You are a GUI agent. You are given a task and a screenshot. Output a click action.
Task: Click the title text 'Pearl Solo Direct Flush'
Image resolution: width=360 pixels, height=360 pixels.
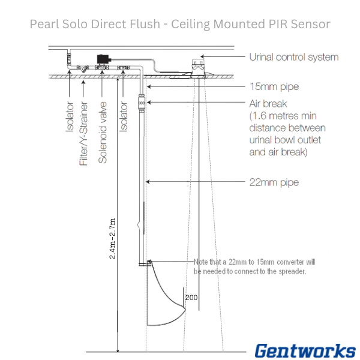(x=95, y=24)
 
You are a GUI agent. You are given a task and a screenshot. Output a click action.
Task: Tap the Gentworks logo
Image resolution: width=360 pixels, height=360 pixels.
(x=305, y=350)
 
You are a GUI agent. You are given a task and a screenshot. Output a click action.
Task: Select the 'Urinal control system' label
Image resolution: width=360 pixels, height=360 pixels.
(x=293, y=58)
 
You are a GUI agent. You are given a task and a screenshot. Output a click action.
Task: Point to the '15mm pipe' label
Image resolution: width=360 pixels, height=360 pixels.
(x=274, y=87)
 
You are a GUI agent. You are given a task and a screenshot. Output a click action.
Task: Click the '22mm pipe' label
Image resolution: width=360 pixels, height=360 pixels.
(x=274, y=182)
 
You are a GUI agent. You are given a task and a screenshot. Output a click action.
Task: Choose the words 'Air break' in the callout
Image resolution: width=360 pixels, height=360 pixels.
(x=268, y=104)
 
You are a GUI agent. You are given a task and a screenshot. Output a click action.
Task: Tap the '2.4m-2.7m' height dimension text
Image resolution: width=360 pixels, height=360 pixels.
(x=113, y=237)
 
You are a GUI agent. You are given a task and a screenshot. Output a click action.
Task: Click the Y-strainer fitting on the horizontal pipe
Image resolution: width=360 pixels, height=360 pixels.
(x=84, y=68)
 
